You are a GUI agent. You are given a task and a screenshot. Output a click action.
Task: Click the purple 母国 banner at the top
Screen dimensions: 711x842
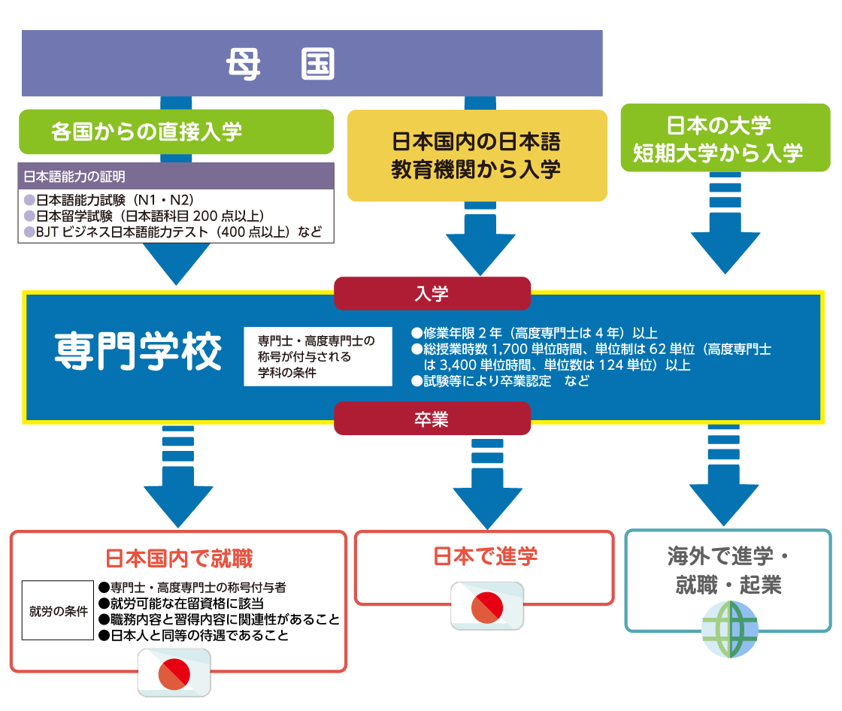pos(312,64)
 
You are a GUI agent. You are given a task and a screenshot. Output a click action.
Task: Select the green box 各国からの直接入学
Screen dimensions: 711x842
pos(176,132)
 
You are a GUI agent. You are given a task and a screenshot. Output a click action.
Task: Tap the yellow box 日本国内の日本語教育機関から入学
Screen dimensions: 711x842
pos(477,156)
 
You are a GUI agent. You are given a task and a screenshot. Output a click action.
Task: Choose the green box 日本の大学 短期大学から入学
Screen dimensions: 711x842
pos(718,141)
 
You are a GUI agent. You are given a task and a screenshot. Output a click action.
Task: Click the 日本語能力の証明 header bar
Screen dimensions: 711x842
pos(176,177)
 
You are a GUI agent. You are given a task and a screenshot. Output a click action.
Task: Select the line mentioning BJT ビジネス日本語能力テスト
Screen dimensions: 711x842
pos(173,232)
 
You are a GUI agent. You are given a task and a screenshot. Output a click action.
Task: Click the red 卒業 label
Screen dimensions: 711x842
pos(432,419)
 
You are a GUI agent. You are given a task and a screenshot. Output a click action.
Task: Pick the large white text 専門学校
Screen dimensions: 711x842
pos(138,352)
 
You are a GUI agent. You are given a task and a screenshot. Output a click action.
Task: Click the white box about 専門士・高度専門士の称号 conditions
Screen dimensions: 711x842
pos(317,356)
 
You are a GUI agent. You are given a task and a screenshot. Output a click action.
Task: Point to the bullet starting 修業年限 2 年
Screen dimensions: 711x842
pos(535,333)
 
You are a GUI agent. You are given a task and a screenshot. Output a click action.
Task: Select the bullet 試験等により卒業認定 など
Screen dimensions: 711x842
pos(500,381)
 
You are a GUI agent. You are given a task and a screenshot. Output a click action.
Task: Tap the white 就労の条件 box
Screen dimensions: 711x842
pos(58,610)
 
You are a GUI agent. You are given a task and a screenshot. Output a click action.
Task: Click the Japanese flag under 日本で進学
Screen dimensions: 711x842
pos(486,607)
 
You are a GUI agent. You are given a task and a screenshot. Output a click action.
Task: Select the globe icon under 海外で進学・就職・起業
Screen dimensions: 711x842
pos(729,630)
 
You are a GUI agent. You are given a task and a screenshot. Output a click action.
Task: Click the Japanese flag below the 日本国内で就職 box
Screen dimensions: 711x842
pos(174,671)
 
